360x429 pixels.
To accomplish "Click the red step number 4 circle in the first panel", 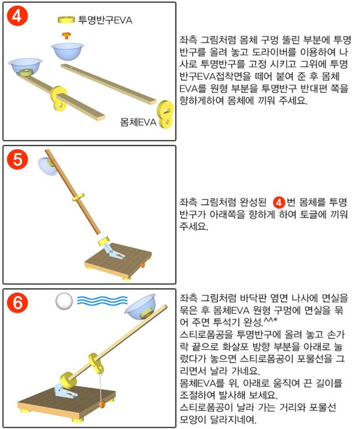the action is click(x=16, y=16).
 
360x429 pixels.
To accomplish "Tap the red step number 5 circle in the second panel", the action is click(x=18, y=159).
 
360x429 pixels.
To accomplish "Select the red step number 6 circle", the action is click(x=18, y=303).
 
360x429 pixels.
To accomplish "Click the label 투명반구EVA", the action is click(x=105, y=20).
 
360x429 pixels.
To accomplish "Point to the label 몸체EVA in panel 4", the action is click(x=138, y=122).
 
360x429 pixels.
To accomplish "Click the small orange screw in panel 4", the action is click(x=66, y=35).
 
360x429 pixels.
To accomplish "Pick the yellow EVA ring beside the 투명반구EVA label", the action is click(x=66, y=20).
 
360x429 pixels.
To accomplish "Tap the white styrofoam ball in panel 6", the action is click(x=64, y=301).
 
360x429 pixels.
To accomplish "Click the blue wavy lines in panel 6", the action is click(x=102, y=301).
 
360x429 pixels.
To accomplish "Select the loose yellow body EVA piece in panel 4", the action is click(x=166, y=115).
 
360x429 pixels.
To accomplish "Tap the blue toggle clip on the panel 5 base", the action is click(x=113, y=251).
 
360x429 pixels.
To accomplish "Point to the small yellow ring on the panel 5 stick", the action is click(x=78, y=197).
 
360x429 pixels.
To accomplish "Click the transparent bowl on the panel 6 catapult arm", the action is click(x=141, y=307).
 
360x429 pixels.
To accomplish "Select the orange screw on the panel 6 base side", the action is click(x=102, y=404).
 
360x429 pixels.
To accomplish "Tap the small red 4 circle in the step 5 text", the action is click(x=279, y=202).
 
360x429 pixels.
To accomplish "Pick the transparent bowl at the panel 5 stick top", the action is click(x=47, y=166).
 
